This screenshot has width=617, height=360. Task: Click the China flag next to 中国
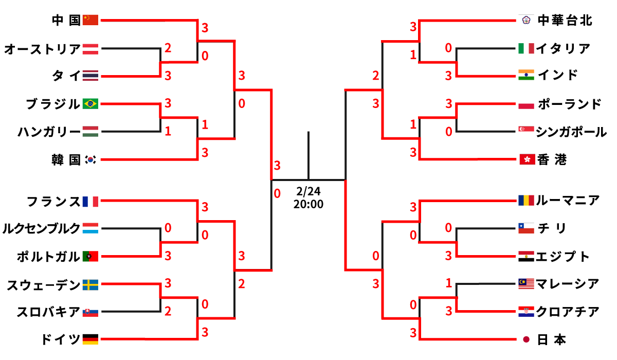(x=90, y=20)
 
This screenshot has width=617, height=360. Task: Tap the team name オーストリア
(x=42, y=49)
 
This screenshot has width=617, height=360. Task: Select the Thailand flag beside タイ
(x=90, y=76)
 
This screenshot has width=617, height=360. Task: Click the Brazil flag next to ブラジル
(x=90, y=104)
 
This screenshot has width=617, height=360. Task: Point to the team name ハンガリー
(x=49, y=132)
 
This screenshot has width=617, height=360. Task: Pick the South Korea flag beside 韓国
(x=90, y=160)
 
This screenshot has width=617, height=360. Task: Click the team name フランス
(x=53, y=201)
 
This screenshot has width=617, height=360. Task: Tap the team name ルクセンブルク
(x=41, y=228)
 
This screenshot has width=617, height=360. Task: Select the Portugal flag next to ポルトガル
(x=90, y=256)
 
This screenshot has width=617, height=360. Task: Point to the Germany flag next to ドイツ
(x=90, y=339)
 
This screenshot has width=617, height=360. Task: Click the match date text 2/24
(x=308, y=191)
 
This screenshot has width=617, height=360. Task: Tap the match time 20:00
(x=308, y=204)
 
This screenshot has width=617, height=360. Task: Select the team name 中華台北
(x=565, y=21)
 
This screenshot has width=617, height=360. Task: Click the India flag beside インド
(x=526, y=75)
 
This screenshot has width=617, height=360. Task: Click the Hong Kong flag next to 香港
(x=526, y=160)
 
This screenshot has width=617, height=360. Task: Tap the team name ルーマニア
(x=568, y=200)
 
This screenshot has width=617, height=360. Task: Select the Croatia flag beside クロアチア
(x=526, y=311)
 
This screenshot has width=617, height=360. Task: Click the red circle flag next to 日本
(x=526, y=339)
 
